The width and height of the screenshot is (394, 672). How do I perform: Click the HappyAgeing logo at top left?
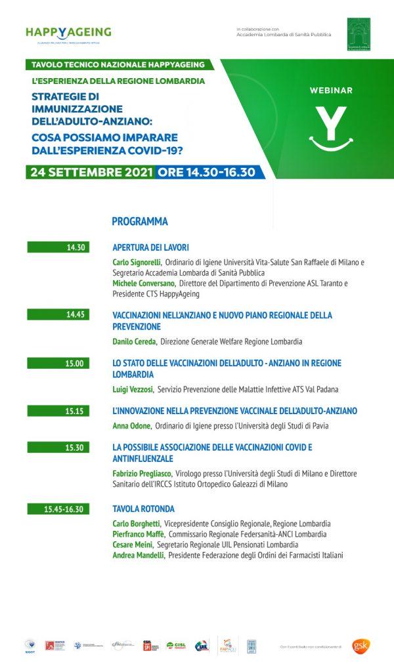point(68,33)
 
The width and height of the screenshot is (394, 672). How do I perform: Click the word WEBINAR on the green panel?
point(331,91)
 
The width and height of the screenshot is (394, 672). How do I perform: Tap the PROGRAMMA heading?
point(139,221)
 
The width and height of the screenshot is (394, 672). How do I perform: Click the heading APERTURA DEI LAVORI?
point(151,247)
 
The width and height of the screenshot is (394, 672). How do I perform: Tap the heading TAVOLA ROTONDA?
point(143,509)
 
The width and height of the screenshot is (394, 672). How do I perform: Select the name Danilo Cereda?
point(134,342)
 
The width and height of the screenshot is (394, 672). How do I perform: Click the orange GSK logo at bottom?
point(361,645)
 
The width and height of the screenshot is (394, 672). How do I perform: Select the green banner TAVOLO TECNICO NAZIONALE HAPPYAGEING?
point(122,65)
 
